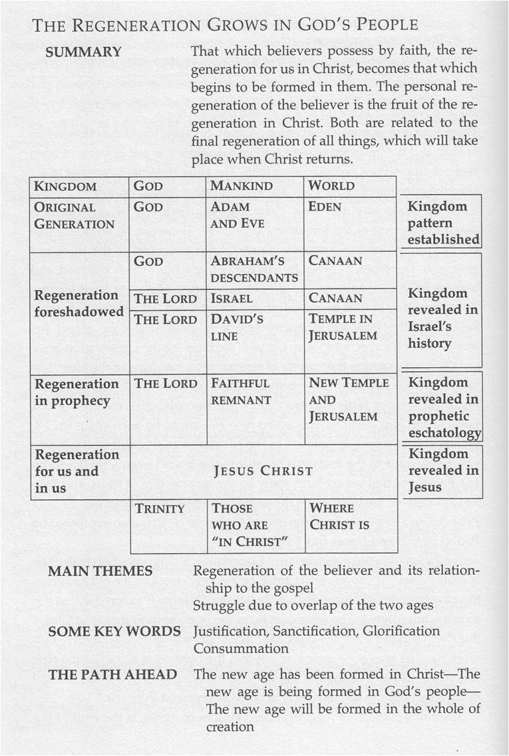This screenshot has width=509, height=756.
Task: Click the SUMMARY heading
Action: point(83,52)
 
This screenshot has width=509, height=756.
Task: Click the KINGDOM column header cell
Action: point(65,187)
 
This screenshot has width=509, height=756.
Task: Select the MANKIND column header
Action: point(241,187)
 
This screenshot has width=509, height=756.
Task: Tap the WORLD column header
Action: point(331,187)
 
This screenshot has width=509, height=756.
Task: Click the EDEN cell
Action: point(325,207)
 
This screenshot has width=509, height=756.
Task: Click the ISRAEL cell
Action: point(232,299)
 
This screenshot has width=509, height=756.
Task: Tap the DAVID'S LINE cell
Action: point(237,328)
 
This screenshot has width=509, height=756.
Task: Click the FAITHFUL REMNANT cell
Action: point(240,392)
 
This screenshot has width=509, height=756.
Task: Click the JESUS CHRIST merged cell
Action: point(263,471)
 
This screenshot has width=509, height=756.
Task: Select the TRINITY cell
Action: point(160,509)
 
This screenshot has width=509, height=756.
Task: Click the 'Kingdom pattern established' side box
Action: point(440,223)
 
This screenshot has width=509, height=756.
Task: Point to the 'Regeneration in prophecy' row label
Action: point(76,392)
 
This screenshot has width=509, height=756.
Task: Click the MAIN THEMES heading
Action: point(100,571)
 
